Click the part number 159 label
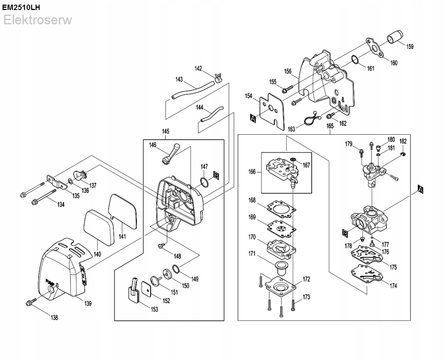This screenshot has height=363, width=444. tap(410, 47)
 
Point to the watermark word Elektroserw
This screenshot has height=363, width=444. tap(37, 20)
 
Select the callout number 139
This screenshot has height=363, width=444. tap(88, 304)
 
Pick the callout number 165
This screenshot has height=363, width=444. tap(330, 126)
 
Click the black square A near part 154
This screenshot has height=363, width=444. tap(253, 118)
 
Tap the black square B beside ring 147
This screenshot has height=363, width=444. tap(216, 176)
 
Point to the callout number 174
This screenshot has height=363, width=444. tap(393, 286)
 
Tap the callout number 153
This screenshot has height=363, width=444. tap(154, 309)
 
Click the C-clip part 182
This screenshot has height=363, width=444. tap(402, 155)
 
